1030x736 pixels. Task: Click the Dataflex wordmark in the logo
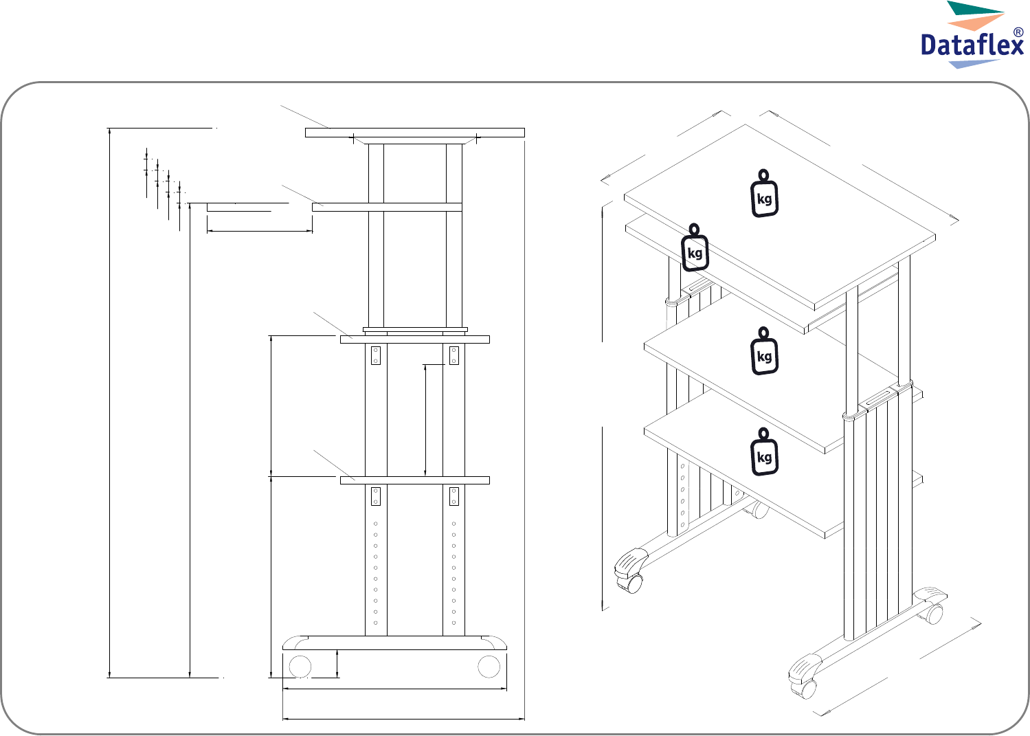(972, 46)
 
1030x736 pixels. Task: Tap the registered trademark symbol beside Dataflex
(1018, 32)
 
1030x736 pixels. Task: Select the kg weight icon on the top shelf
(764, 193)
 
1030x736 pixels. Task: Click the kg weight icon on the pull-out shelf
(694, 247)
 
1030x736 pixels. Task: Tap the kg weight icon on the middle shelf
(764, 351)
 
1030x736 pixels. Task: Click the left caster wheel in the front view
(300, 667)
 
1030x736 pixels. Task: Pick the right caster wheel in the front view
(489, 667)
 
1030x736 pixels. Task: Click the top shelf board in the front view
(415, 133)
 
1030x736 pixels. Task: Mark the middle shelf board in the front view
(415, 339)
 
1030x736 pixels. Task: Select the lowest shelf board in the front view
(415, 480)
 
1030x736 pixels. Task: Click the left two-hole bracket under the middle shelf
(376, 355)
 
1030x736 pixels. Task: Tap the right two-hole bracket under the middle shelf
(454, 355)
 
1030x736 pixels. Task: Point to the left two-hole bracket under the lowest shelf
(376, 496)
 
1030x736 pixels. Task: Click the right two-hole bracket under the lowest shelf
(454, 496)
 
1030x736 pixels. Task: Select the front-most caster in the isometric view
(804, 677)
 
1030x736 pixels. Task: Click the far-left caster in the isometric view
(630, 571)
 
